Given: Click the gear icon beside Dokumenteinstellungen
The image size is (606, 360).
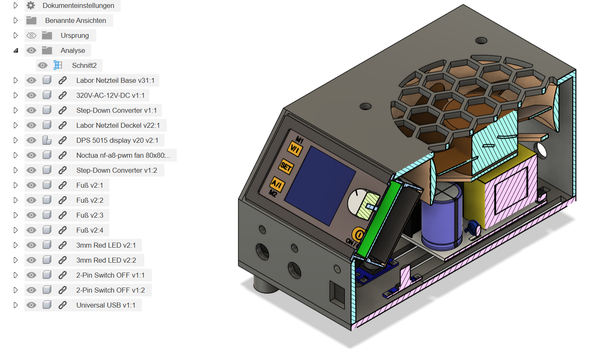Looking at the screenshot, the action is pyautogui.click(x=31, y=5).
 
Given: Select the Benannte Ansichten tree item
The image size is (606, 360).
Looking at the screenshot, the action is pyautogui.click(x=75, y=20).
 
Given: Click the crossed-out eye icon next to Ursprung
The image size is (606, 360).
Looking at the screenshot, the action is pyautogui.click(x=31, y=35).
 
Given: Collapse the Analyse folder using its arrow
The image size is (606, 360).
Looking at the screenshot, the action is pyautogui.click(x=16, y=50).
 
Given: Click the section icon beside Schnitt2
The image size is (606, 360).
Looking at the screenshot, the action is pyautogui.click(x=58, y=65).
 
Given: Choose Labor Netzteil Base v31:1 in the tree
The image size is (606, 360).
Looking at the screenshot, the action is pyautogui.click(x=115, y=80).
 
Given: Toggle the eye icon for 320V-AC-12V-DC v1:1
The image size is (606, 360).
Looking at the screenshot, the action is pyautogui.click(x=31, y=95).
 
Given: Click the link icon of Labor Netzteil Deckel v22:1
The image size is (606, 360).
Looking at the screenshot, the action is pyautogui.click(x=62, y=125).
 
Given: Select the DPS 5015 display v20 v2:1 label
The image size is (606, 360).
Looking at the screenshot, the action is pyautogui.click(x=117, y=140).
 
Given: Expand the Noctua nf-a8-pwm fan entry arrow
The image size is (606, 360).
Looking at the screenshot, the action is pyautogui.click(x=16, y=155).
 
